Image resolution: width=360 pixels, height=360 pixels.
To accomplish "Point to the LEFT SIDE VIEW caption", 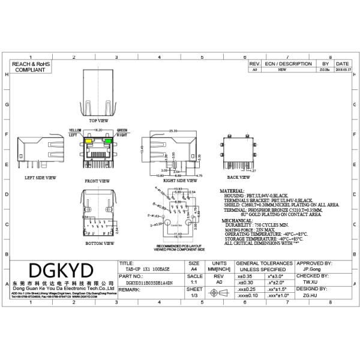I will coord(41,178).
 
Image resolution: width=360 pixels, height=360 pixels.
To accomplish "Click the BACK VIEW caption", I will coord(238,178).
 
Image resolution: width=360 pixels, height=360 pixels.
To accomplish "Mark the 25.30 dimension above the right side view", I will coord(173,130).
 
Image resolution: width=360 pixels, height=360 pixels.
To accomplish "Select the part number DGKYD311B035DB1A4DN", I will coord(149,281).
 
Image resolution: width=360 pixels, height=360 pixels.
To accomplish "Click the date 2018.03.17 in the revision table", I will coord(342,70).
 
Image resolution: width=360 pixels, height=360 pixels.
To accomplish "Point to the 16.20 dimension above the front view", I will coord(98,130).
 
